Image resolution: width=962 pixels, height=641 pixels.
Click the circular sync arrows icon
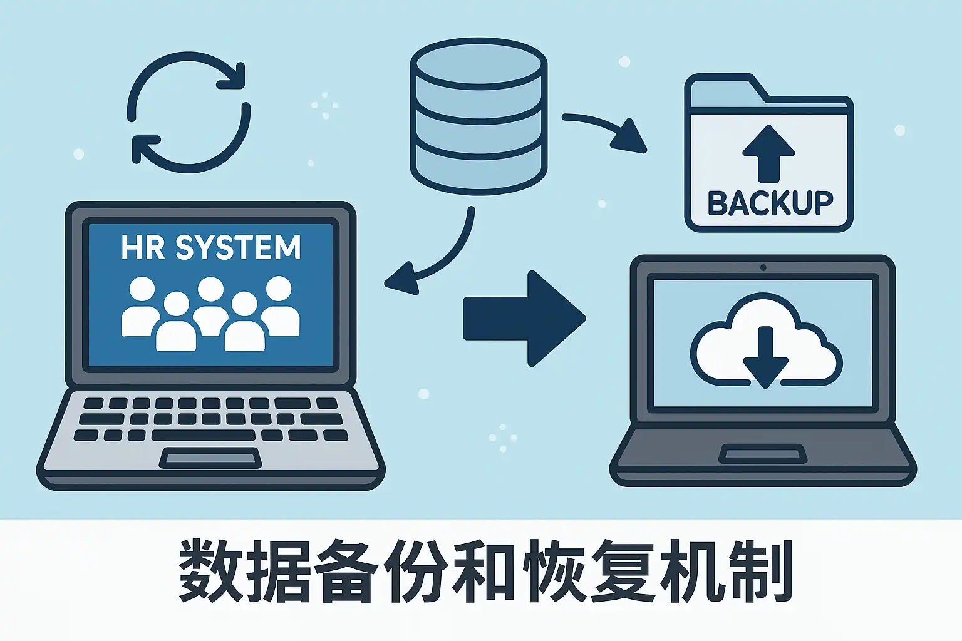189,112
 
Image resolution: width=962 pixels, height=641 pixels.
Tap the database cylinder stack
478,116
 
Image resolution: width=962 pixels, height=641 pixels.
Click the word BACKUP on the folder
770,203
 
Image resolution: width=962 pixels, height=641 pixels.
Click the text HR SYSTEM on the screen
211,248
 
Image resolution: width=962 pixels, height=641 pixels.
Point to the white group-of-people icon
210,314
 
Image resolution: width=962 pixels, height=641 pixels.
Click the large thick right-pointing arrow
524,319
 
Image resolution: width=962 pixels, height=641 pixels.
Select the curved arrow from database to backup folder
604,130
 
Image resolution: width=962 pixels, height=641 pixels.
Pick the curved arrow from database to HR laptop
438,257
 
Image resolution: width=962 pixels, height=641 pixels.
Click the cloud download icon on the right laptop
765,341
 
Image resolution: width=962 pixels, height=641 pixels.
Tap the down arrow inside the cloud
765,357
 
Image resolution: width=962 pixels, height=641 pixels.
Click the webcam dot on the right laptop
763,268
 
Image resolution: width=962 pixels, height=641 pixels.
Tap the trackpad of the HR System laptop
210,458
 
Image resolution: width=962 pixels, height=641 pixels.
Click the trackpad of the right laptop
762,453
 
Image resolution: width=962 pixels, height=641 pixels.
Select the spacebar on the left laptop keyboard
203,435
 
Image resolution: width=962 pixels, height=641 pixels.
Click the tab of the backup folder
720,85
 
